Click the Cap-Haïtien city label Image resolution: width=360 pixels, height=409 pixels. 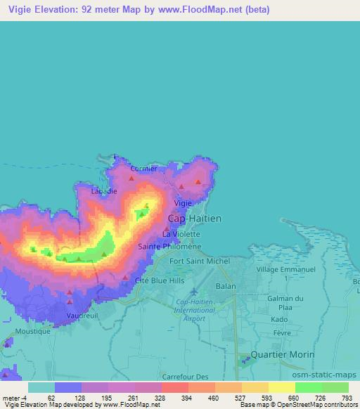195,219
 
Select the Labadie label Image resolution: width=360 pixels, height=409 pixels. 104,190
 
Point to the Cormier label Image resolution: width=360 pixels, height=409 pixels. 144,169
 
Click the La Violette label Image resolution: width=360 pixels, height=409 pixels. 176,233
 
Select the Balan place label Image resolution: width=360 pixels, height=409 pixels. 226,287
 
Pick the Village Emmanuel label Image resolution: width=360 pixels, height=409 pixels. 286,269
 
